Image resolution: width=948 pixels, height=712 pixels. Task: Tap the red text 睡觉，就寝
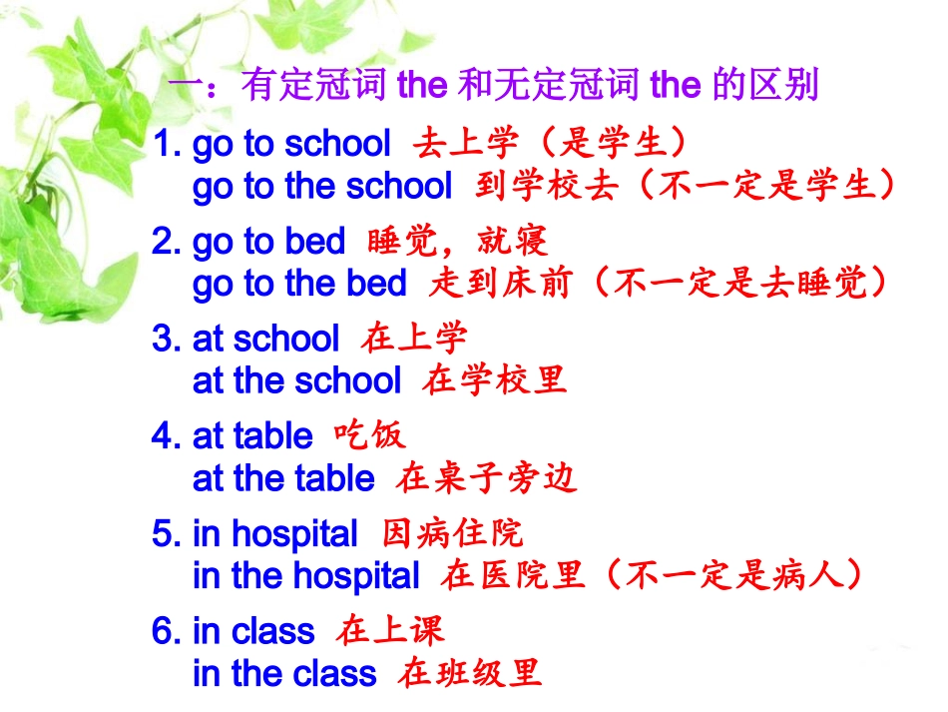[457, 241]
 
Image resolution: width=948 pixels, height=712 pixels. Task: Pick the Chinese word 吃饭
[369, 435]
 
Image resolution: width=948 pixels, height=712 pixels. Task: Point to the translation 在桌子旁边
[486, 478]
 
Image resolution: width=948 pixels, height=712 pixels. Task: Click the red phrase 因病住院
[452, 533]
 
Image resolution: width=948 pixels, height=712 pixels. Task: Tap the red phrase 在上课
[390, 630]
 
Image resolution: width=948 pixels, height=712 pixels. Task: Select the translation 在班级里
[470, 673]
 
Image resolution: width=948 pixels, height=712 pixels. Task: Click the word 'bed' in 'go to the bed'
[377, 285]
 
